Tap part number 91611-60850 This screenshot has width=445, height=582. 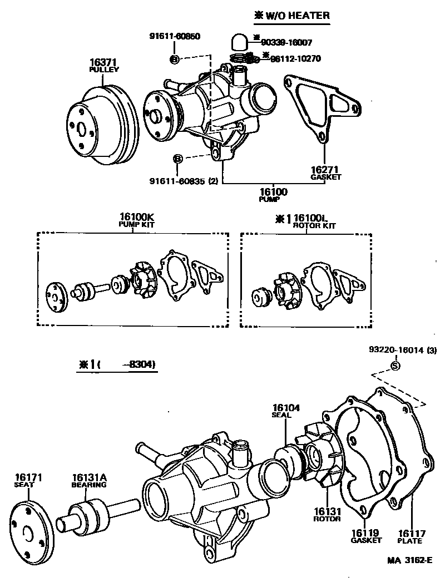[x=174, y=36]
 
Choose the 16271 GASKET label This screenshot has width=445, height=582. [x=325, y=172]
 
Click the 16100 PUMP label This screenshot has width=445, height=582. [x=273, y=195]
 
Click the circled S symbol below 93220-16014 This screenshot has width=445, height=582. [x=395, y=365]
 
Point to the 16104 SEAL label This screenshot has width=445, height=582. [x=286, y=411]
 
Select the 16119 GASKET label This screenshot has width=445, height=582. [x=365, y=536]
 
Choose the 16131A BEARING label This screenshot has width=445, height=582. [x=88, y=480]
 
